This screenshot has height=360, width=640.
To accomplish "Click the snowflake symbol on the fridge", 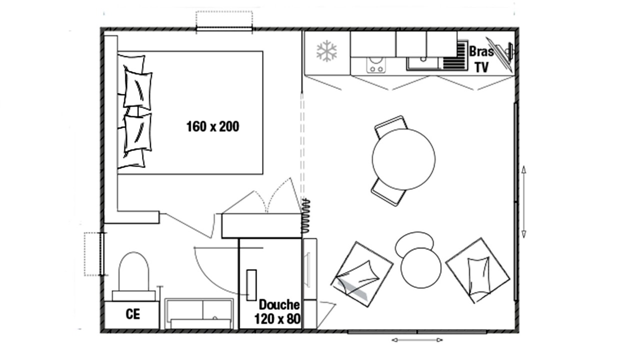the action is [326, 51].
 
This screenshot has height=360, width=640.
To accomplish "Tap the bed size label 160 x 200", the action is [212, 126].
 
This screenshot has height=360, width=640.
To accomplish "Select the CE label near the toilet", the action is [133, 314].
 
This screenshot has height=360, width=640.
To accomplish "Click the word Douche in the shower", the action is [279, 305].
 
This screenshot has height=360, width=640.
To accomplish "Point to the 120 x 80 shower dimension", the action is [277, 319].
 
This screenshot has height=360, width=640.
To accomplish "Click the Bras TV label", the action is [481, 59].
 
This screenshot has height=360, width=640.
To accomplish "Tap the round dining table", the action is [403, 159].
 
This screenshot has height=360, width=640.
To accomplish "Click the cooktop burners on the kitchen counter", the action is [376, 65].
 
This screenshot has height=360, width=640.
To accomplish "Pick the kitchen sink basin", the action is [422, 63].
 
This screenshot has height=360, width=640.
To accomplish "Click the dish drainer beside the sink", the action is [454, 55].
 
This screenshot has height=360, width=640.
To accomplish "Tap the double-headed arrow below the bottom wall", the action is [417, 340].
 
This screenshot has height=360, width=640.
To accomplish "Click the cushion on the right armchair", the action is [478, 275].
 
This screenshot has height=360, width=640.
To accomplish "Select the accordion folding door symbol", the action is [305, 215].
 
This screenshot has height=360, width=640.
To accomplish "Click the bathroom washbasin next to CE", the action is [199, 313].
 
